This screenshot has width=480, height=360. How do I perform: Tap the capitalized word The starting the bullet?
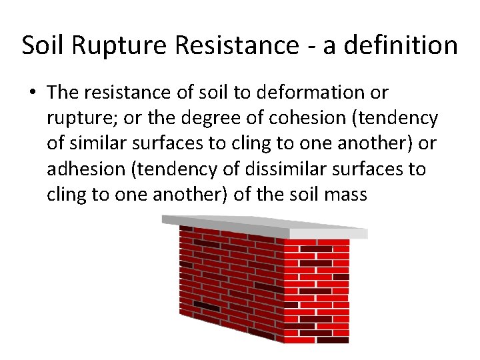[x=63, y=92]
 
